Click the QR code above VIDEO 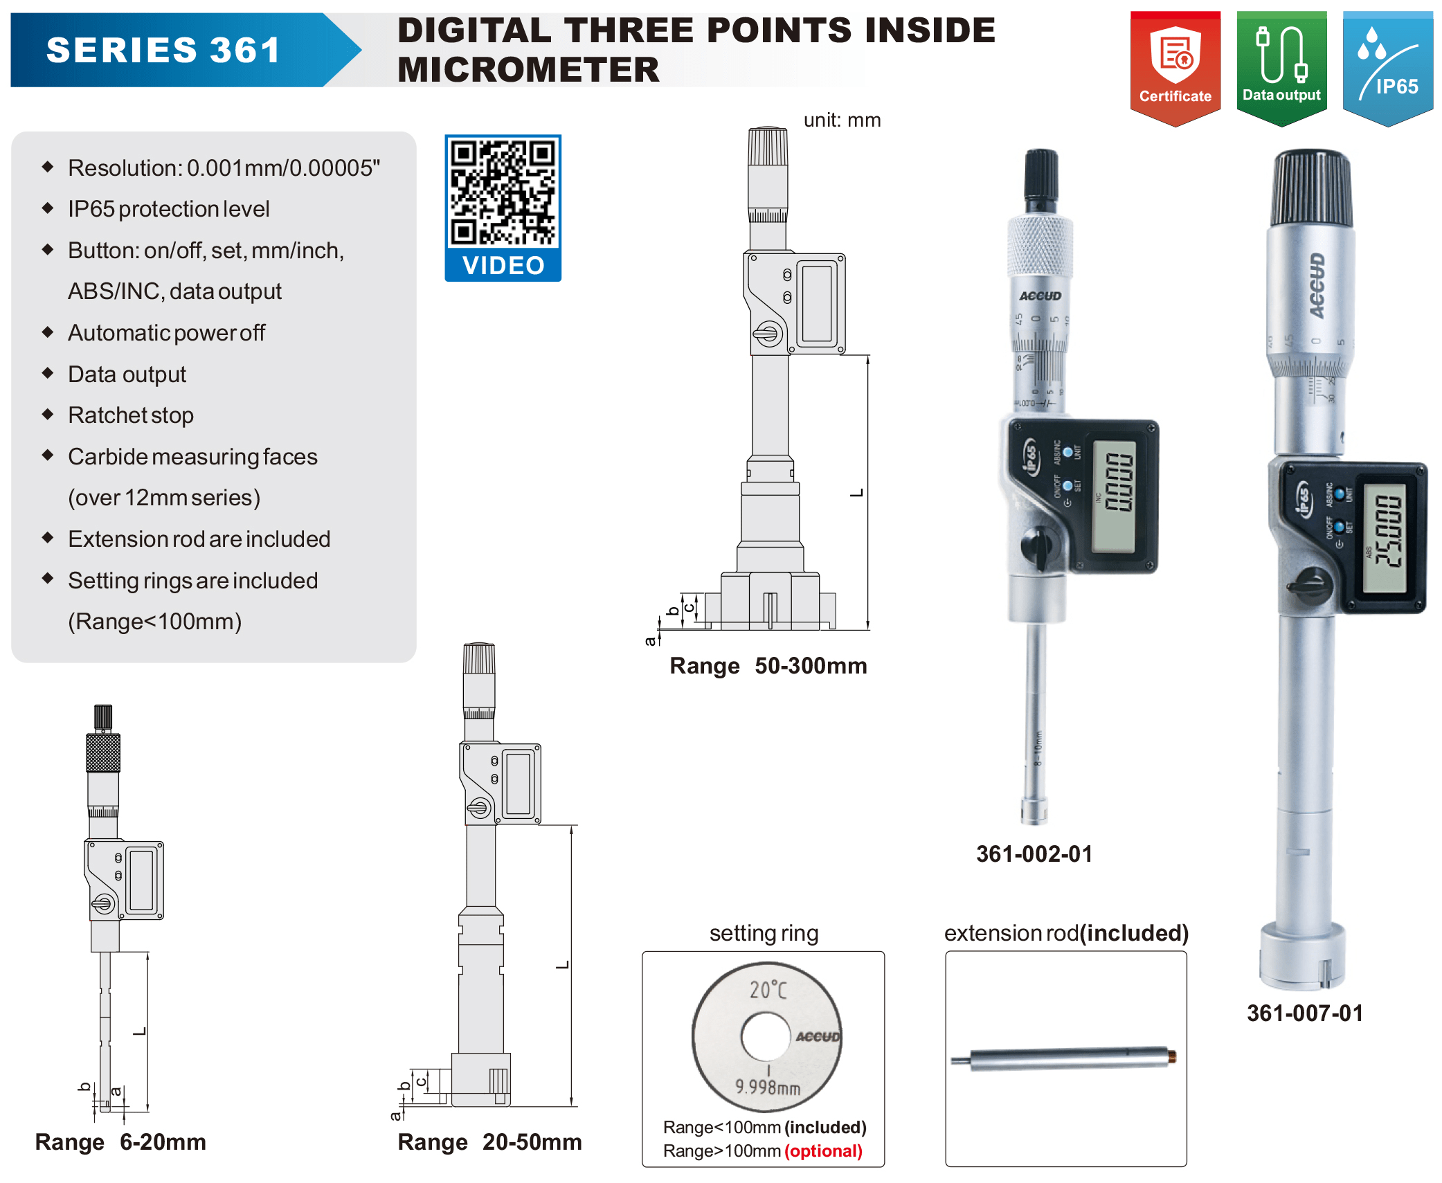(503, 192)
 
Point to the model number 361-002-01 (1034, 854)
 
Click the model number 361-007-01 (1305, 1013)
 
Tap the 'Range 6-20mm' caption (120, 1141)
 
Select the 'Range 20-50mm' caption (489, 1141)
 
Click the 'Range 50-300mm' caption (768, 665)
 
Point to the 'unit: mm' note (842, 120)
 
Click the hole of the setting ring (765, 1036)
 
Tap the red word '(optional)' (823, 1150)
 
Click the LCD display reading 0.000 (1114, 496)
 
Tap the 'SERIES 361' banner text (163, 50)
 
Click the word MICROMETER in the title (528, 69)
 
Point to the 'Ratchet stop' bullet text (131, 415)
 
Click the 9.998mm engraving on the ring (768, 1087)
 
